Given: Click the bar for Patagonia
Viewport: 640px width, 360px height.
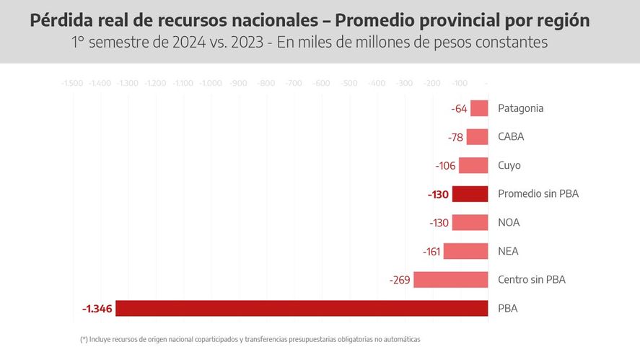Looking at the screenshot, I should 479,108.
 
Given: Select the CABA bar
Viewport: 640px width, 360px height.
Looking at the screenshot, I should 477,137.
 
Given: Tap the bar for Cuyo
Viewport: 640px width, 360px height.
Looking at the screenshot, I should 473,165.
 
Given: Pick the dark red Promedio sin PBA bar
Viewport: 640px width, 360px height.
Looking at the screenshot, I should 470,194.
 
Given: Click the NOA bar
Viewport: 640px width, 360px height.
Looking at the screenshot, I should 470,223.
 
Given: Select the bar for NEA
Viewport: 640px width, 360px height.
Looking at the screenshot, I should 465,251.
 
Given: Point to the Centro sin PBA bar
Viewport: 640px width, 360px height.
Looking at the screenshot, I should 450,280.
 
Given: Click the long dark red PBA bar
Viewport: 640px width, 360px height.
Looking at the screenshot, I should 302,308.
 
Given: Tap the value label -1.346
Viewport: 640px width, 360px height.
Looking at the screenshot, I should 97,309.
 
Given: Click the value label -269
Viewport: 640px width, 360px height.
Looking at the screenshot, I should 400,280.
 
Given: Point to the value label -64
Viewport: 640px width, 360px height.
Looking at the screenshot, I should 459,109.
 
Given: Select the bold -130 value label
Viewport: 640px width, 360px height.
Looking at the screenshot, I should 438,194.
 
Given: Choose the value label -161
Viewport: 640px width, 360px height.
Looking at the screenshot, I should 431,252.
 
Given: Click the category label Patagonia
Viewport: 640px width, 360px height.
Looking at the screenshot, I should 520,108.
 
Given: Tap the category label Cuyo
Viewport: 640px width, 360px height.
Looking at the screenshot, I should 509,165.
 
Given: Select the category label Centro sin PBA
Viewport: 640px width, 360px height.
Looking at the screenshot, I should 531,280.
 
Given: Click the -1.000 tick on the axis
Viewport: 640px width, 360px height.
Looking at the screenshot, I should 211,84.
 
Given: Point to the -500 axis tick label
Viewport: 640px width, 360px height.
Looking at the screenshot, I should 349,84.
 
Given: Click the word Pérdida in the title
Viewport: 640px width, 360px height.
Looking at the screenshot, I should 60,21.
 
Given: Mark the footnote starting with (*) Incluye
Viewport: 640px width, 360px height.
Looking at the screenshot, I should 250,339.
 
